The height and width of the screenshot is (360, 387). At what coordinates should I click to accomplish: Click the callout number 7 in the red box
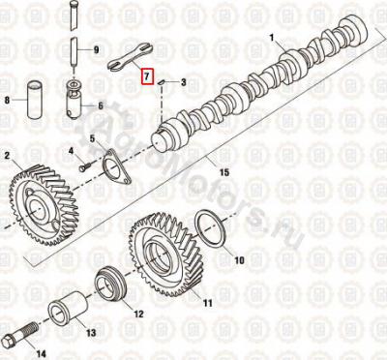(x=147, y=76)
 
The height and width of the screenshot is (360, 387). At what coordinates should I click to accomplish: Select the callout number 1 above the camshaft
(x=272, y=38)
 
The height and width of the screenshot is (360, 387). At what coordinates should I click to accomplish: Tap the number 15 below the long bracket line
(x=224, y=172)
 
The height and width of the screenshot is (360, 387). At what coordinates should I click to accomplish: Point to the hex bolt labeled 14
(x=20, y=332)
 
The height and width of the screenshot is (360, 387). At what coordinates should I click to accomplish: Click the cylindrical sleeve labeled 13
(x=68, y=308)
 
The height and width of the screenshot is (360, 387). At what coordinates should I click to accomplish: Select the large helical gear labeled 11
(x=166, y=254)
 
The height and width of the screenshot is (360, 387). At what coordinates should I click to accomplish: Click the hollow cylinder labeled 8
(x=34, y=101)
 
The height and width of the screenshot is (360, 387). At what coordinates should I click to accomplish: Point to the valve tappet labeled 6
(x=75, y=100)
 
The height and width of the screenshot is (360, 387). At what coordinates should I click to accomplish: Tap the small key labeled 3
(x=161, y=82)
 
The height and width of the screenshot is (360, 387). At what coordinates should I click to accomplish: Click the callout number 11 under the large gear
(x=208, y=303)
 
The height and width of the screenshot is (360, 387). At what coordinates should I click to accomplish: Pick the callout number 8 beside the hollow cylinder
(x=7, y=101)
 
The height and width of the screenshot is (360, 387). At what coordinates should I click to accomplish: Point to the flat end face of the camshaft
(x=158, y=140)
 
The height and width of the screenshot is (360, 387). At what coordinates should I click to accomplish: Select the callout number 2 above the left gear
(x=7, y=156)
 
